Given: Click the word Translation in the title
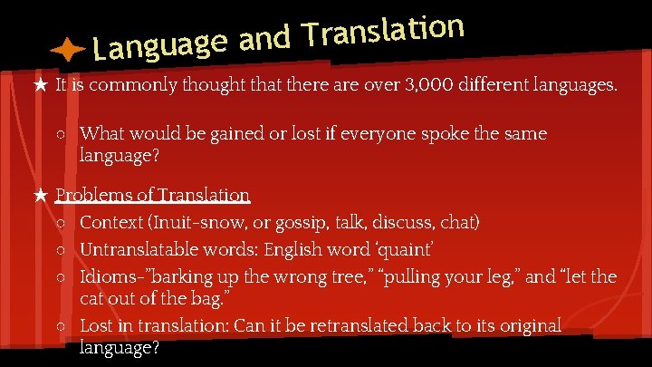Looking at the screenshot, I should [x=384, y=31].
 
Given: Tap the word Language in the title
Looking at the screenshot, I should [x=159, y=45].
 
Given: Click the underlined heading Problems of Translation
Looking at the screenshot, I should [x=152, y=194].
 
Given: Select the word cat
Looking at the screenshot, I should [x=93, y=298].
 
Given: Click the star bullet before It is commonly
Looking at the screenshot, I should [x=40, y=87].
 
